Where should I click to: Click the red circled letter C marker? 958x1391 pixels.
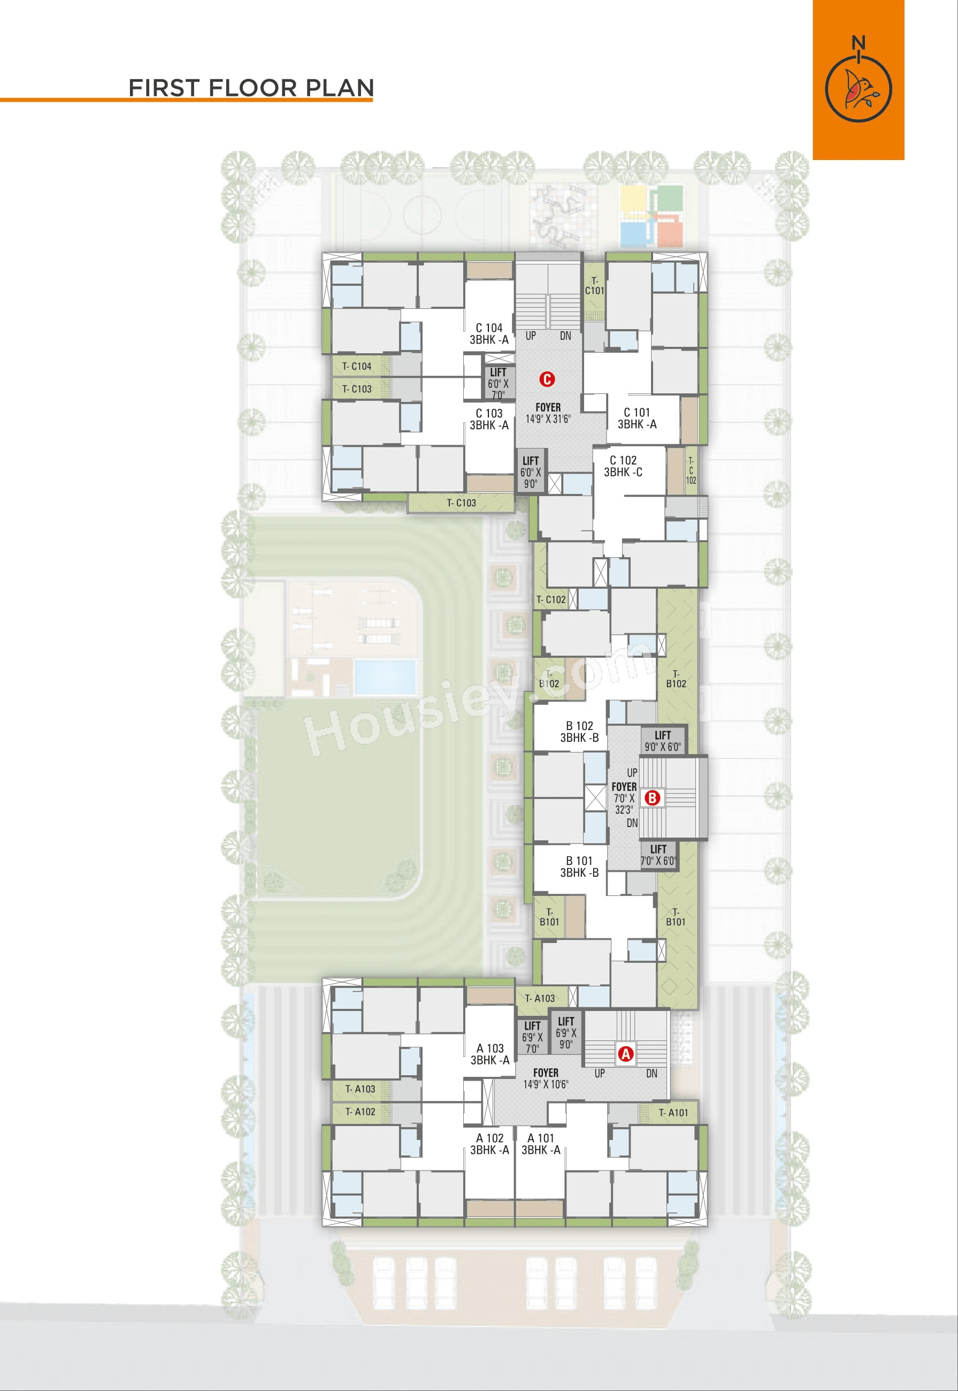point(547,379)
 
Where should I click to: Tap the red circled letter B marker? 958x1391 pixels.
point(652,797)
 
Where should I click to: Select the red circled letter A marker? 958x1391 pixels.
point(625,1053)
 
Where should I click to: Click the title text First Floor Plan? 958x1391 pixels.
point(251,88)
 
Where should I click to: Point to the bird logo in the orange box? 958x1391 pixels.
point(859,88)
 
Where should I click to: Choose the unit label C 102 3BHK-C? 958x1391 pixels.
point(623,466)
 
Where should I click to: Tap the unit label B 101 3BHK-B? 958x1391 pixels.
point(579,866)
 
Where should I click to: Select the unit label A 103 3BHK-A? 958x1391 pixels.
point(490,1054)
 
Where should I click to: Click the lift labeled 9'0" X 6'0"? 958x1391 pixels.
point(663,741)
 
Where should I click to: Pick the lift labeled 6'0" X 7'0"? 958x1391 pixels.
point(498,383)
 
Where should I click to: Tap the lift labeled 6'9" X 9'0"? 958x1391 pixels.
point(565,1032)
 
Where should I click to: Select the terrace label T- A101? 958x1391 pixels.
point(673,1112)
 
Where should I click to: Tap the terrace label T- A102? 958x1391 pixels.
point(360,1112)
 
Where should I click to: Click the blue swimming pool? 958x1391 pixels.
point(385,677)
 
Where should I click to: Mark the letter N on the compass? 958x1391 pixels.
point(859,43)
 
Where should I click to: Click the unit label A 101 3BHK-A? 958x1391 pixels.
point(541,1144)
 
